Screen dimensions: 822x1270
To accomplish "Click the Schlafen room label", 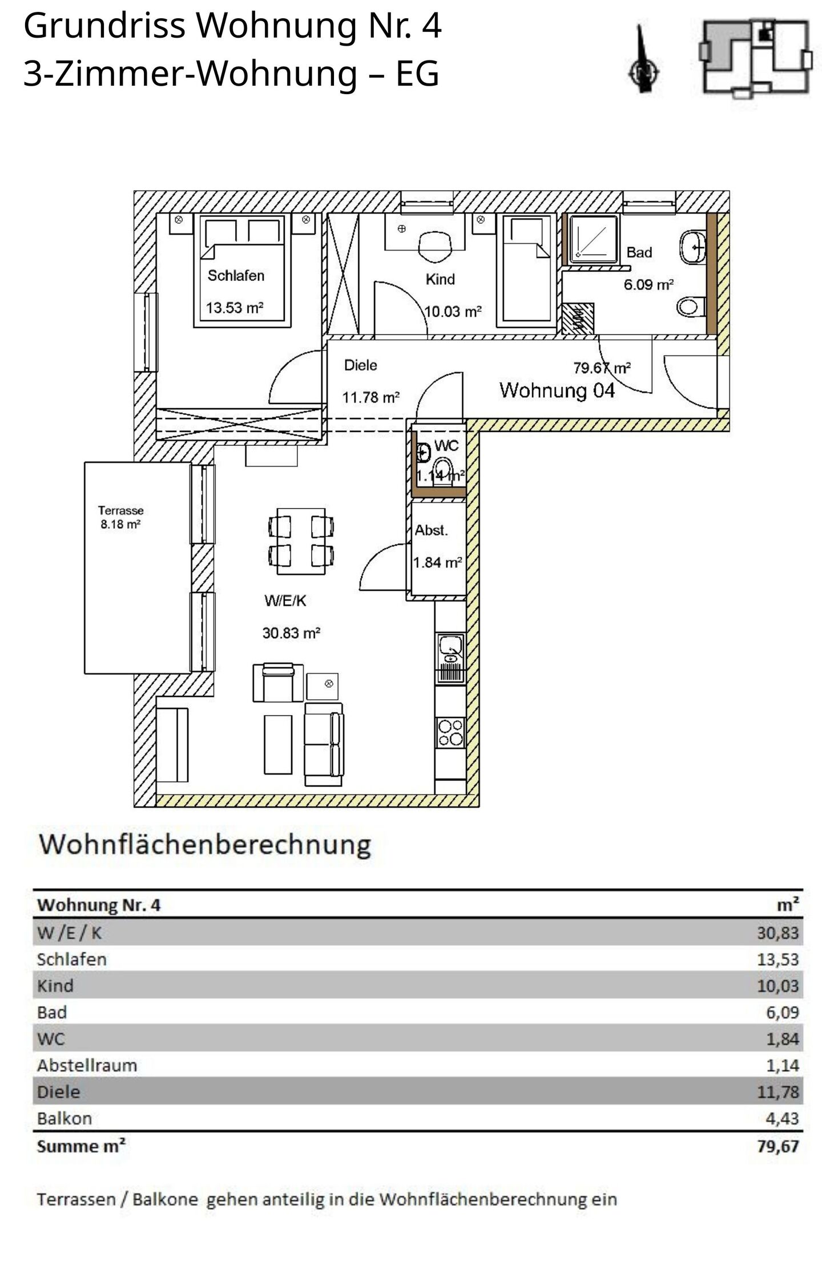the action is pyautogui.click(x=236, y=276).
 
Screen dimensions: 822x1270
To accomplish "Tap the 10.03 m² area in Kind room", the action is pyautogui.click(x=453, y=312).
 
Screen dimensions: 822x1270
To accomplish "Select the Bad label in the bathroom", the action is pyautogui.click(x=639, y=252).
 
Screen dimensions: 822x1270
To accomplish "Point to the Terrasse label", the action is pyautogui.click(x=120, y=510).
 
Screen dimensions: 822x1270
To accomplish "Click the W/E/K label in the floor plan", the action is pyautogui.click(x=285, y=600).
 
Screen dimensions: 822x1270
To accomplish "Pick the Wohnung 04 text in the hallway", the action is pyautogui.click(x=557, y=390).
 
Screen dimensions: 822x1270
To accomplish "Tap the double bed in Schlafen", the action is pyautogui.click(x=239, y=271).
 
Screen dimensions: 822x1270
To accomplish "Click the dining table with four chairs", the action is pyautogui.click(x=301, y=541).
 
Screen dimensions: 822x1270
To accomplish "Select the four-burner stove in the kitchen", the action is pyautogui.click(x=450, y=733).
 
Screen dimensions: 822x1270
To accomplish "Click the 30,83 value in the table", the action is pyautogui.click(x=777, y=933).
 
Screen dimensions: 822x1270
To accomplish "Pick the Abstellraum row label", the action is pyautogui.click(x=87, y=1066).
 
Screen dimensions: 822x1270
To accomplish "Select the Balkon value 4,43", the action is pyautogui.click(x=782, y=1118).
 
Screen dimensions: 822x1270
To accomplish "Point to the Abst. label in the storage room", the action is pyautogui.click(x=431, y=530).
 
